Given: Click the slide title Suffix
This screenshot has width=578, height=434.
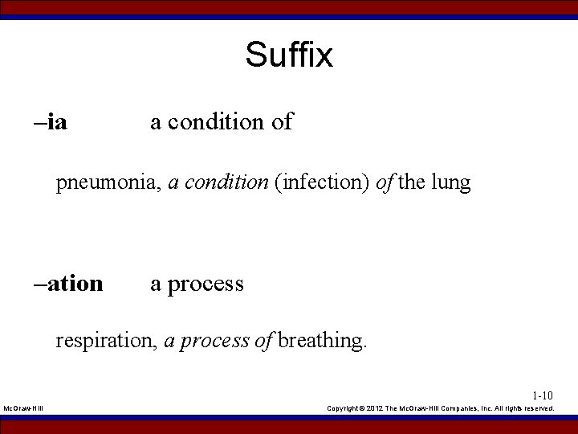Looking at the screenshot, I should point(289,55).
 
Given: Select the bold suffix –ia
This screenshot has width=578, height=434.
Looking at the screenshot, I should point(51,122).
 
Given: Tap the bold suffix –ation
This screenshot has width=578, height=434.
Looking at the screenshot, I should point(69,284).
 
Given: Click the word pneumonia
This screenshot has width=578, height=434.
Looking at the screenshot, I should point(108,183).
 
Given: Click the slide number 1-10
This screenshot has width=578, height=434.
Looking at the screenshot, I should point(543,395).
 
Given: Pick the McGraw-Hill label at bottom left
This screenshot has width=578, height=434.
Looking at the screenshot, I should point(23,408).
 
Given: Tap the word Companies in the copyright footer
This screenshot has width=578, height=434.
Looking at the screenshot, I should point(458,408).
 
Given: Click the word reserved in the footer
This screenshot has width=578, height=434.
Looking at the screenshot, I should point(537,408).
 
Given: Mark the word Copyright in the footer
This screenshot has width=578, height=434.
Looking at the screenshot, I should point(344,408).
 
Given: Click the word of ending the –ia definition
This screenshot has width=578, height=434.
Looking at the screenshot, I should point(282,122).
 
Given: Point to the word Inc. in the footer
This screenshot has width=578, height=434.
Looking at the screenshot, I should point(490,408).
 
